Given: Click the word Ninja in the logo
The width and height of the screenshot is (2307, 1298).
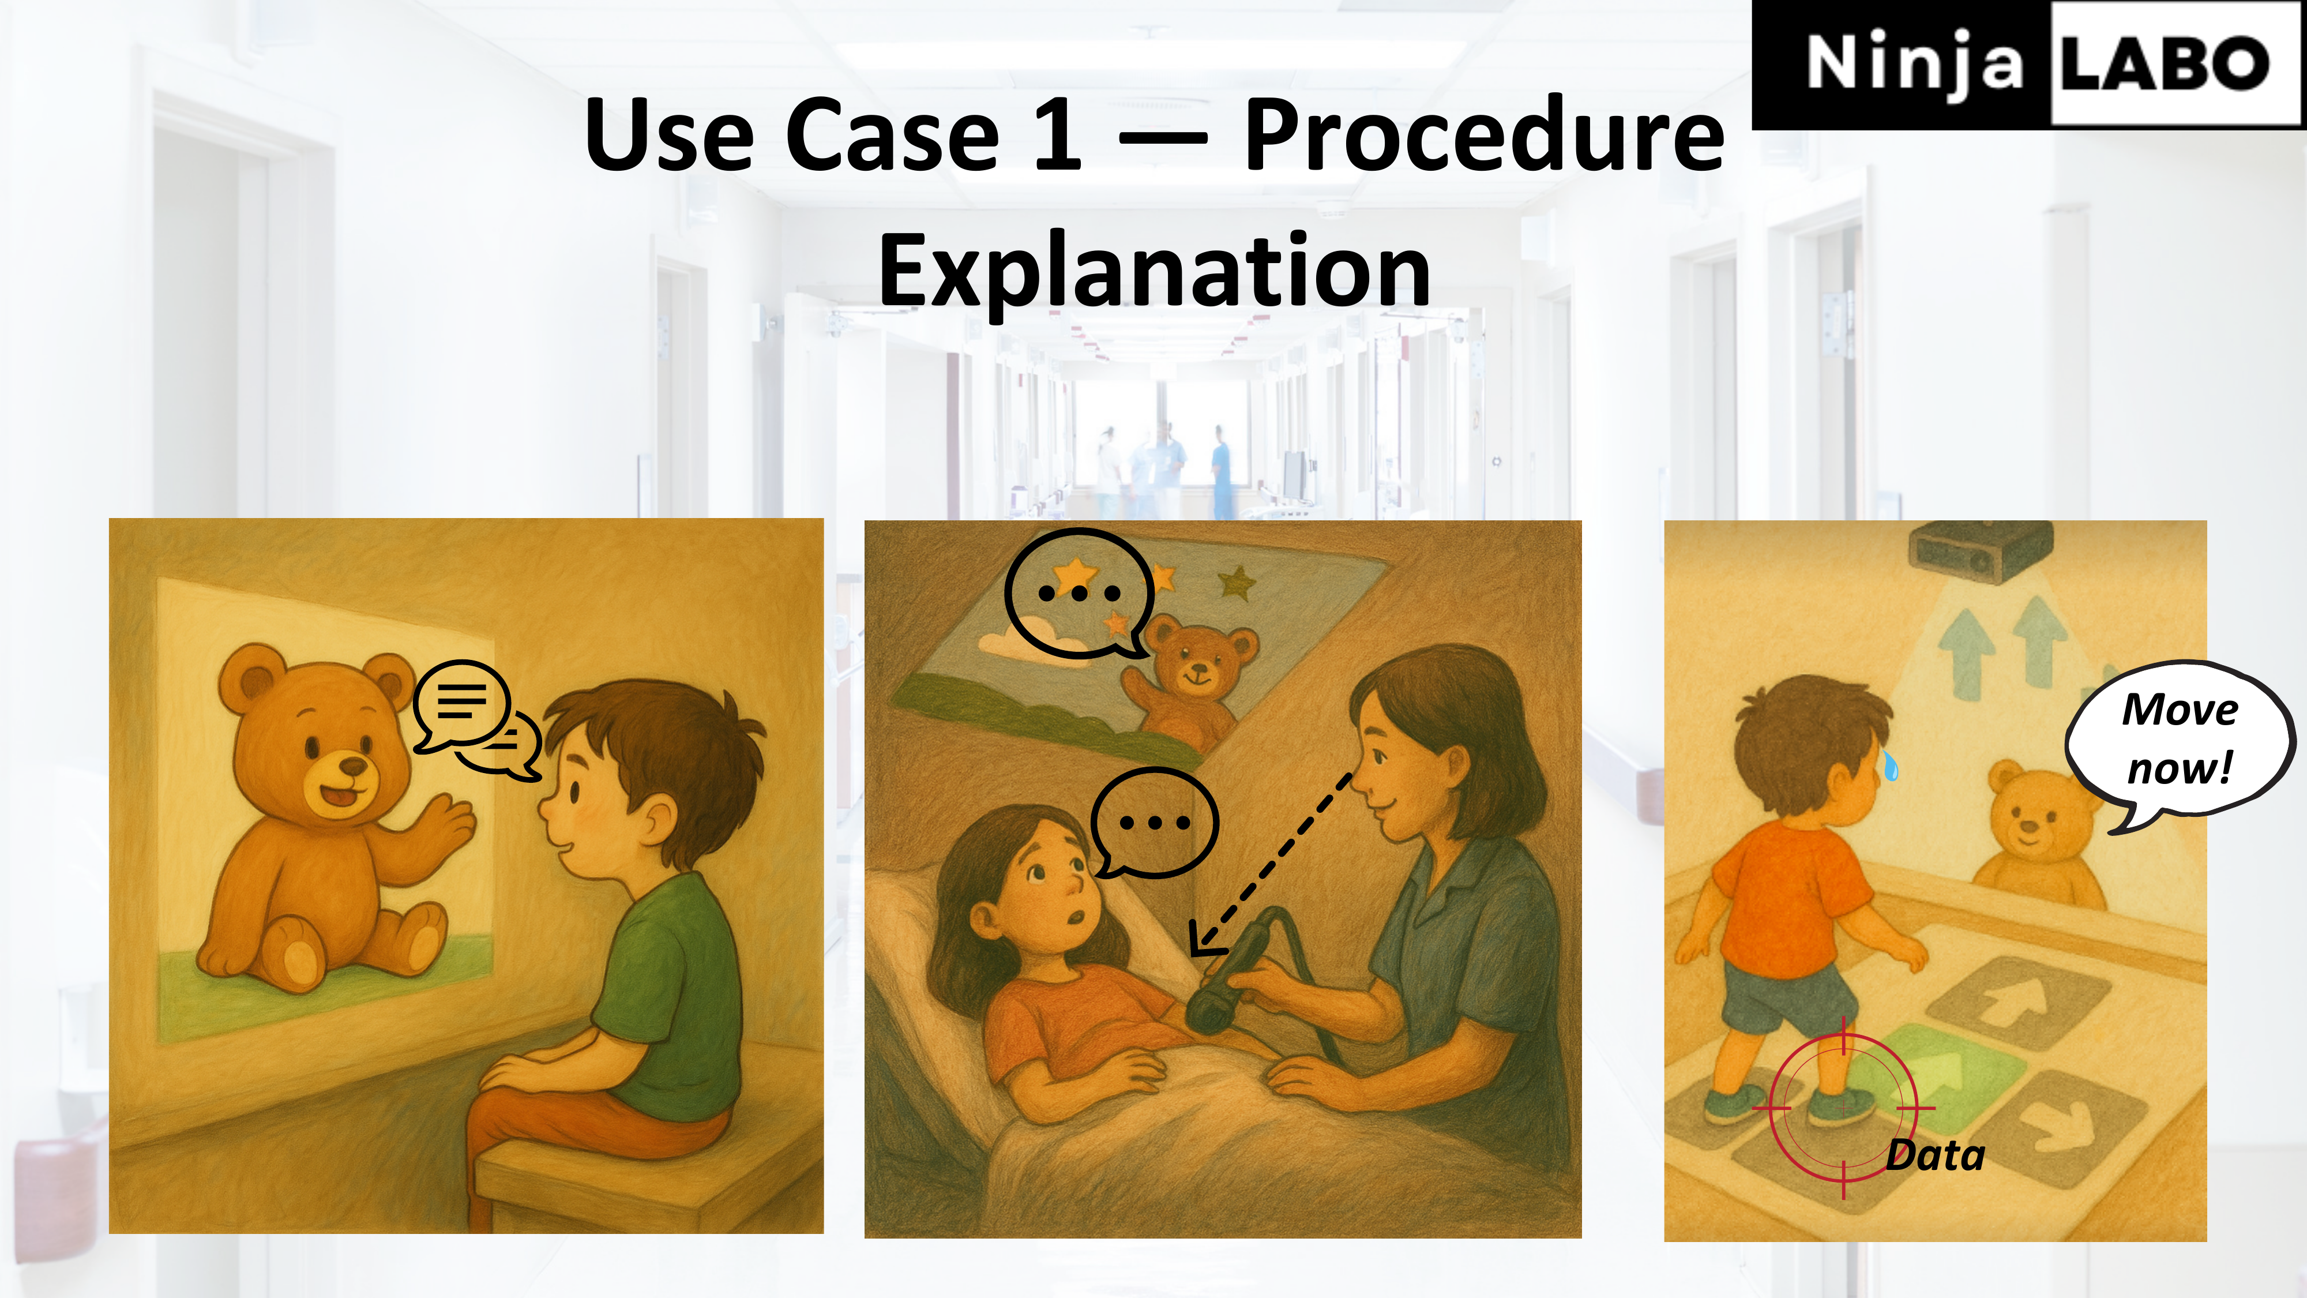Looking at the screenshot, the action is [1915, 63].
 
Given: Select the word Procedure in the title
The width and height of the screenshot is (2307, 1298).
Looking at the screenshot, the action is [1484, 134].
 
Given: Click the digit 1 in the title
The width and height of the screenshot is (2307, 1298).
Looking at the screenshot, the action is [1058, 134].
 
